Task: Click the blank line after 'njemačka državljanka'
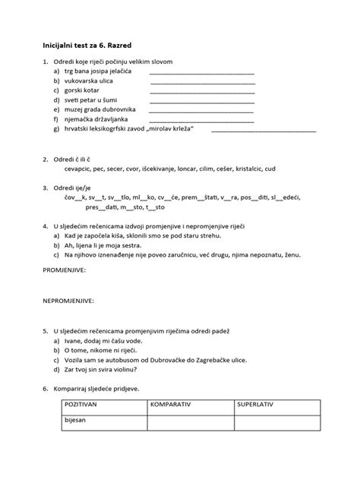point(201,120)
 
